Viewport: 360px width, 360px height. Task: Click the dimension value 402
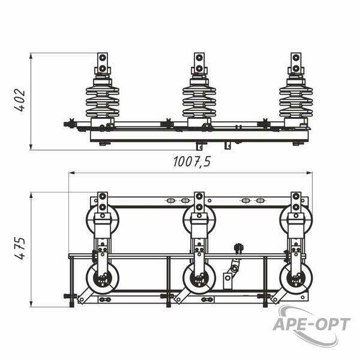(x=20, y=100)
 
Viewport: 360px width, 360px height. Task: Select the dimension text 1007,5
(x=192, y=161)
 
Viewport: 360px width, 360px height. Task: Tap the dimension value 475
(x=20, y=248)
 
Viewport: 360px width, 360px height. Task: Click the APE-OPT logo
(x=312, y=324)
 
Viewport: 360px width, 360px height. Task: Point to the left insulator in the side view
(x=103, y=99)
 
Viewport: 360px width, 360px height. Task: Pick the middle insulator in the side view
(x=199, y=99)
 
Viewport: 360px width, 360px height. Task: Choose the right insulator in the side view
(x=296, y=99)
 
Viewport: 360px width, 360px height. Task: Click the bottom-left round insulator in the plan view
(x=103, y=278)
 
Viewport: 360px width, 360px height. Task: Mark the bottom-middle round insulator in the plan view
(x=199, y=278)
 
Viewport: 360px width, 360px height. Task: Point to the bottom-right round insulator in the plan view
(x=296, y=278)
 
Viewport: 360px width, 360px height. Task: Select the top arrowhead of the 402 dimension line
(x=31, y=56)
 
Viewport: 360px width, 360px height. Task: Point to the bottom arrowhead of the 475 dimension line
(x=31, y=304)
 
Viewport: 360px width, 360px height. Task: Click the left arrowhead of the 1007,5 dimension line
(x=72, y=173)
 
